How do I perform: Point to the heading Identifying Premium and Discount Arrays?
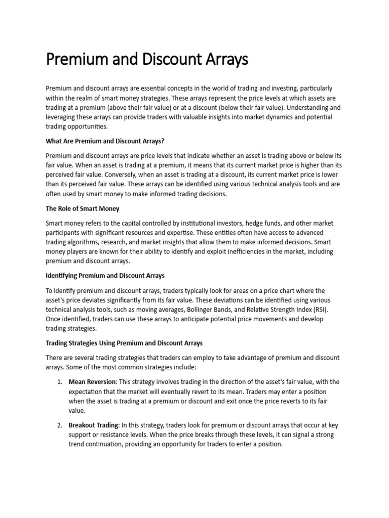point(105,276)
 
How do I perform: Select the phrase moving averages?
point(176,310)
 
